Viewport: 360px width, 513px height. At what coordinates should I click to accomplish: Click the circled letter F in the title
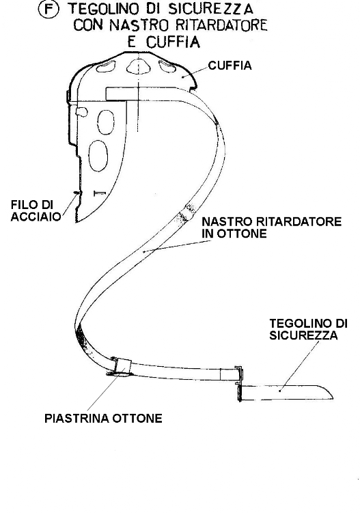point(49,9)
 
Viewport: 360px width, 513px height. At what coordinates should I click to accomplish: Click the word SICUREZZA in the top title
point(210,9)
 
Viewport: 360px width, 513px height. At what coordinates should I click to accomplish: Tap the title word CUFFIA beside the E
point(172,42)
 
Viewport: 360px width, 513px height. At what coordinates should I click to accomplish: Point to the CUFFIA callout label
point(230,66)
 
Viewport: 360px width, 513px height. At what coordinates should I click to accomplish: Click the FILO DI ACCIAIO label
point(36,210)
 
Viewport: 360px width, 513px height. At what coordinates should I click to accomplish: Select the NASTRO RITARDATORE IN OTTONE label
point(271,227)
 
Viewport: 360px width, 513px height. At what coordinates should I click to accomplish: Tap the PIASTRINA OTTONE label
point(103,418)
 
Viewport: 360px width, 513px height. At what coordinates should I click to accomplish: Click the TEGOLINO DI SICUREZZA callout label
point(308,329)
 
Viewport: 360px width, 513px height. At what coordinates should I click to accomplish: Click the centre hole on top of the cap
point(139,66)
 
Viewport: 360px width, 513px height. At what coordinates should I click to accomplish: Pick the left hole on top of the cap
point(106,67)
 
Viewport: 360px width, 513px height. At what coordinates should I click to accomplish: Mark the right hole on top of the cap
point(167,66)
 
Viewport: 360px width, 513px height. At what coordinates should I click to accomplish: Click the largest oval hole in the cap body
point(98,156)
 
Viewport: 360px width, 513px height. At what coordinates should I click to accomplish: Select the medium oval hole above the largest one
point(106,122)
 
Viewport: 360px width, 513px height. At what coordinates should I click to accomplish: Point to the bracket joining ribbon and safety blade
point(239,383)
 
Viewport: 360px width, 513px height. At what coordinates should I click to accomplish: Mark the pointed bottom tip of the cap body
point(77,222)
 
